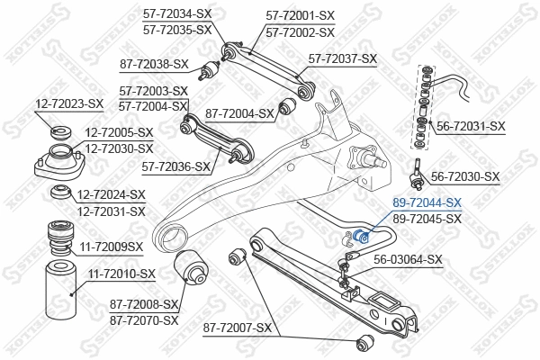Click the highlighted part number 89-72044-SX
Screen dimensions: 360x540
click(x=427, y=203)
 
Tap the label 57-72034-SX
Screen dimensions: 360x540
click(x=177, y=14)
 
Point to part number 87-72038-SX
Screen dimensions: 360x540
click(x=154, y=64)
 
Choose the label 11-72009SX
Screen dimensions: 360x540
click(x=111, y=245)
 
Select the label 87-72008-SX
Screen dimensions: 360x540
click(x=144, y=305)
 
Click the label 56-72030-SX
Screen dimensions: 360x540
click(x=464, y=176)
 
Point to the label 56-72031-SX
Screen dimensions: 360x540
click(x=471, y=126)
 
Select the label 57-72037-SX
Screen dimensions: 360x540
click(x=343, y=58)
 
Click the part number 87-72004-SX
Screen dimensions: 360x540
click(x=238, y=113)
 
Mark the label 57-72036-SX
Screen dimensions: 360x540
click(x=176, y=166)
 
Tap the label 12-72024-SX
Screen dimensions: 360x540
click(x=111, y=194)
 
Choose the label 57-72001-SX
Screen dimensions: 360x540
click(x=300, y=14)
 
